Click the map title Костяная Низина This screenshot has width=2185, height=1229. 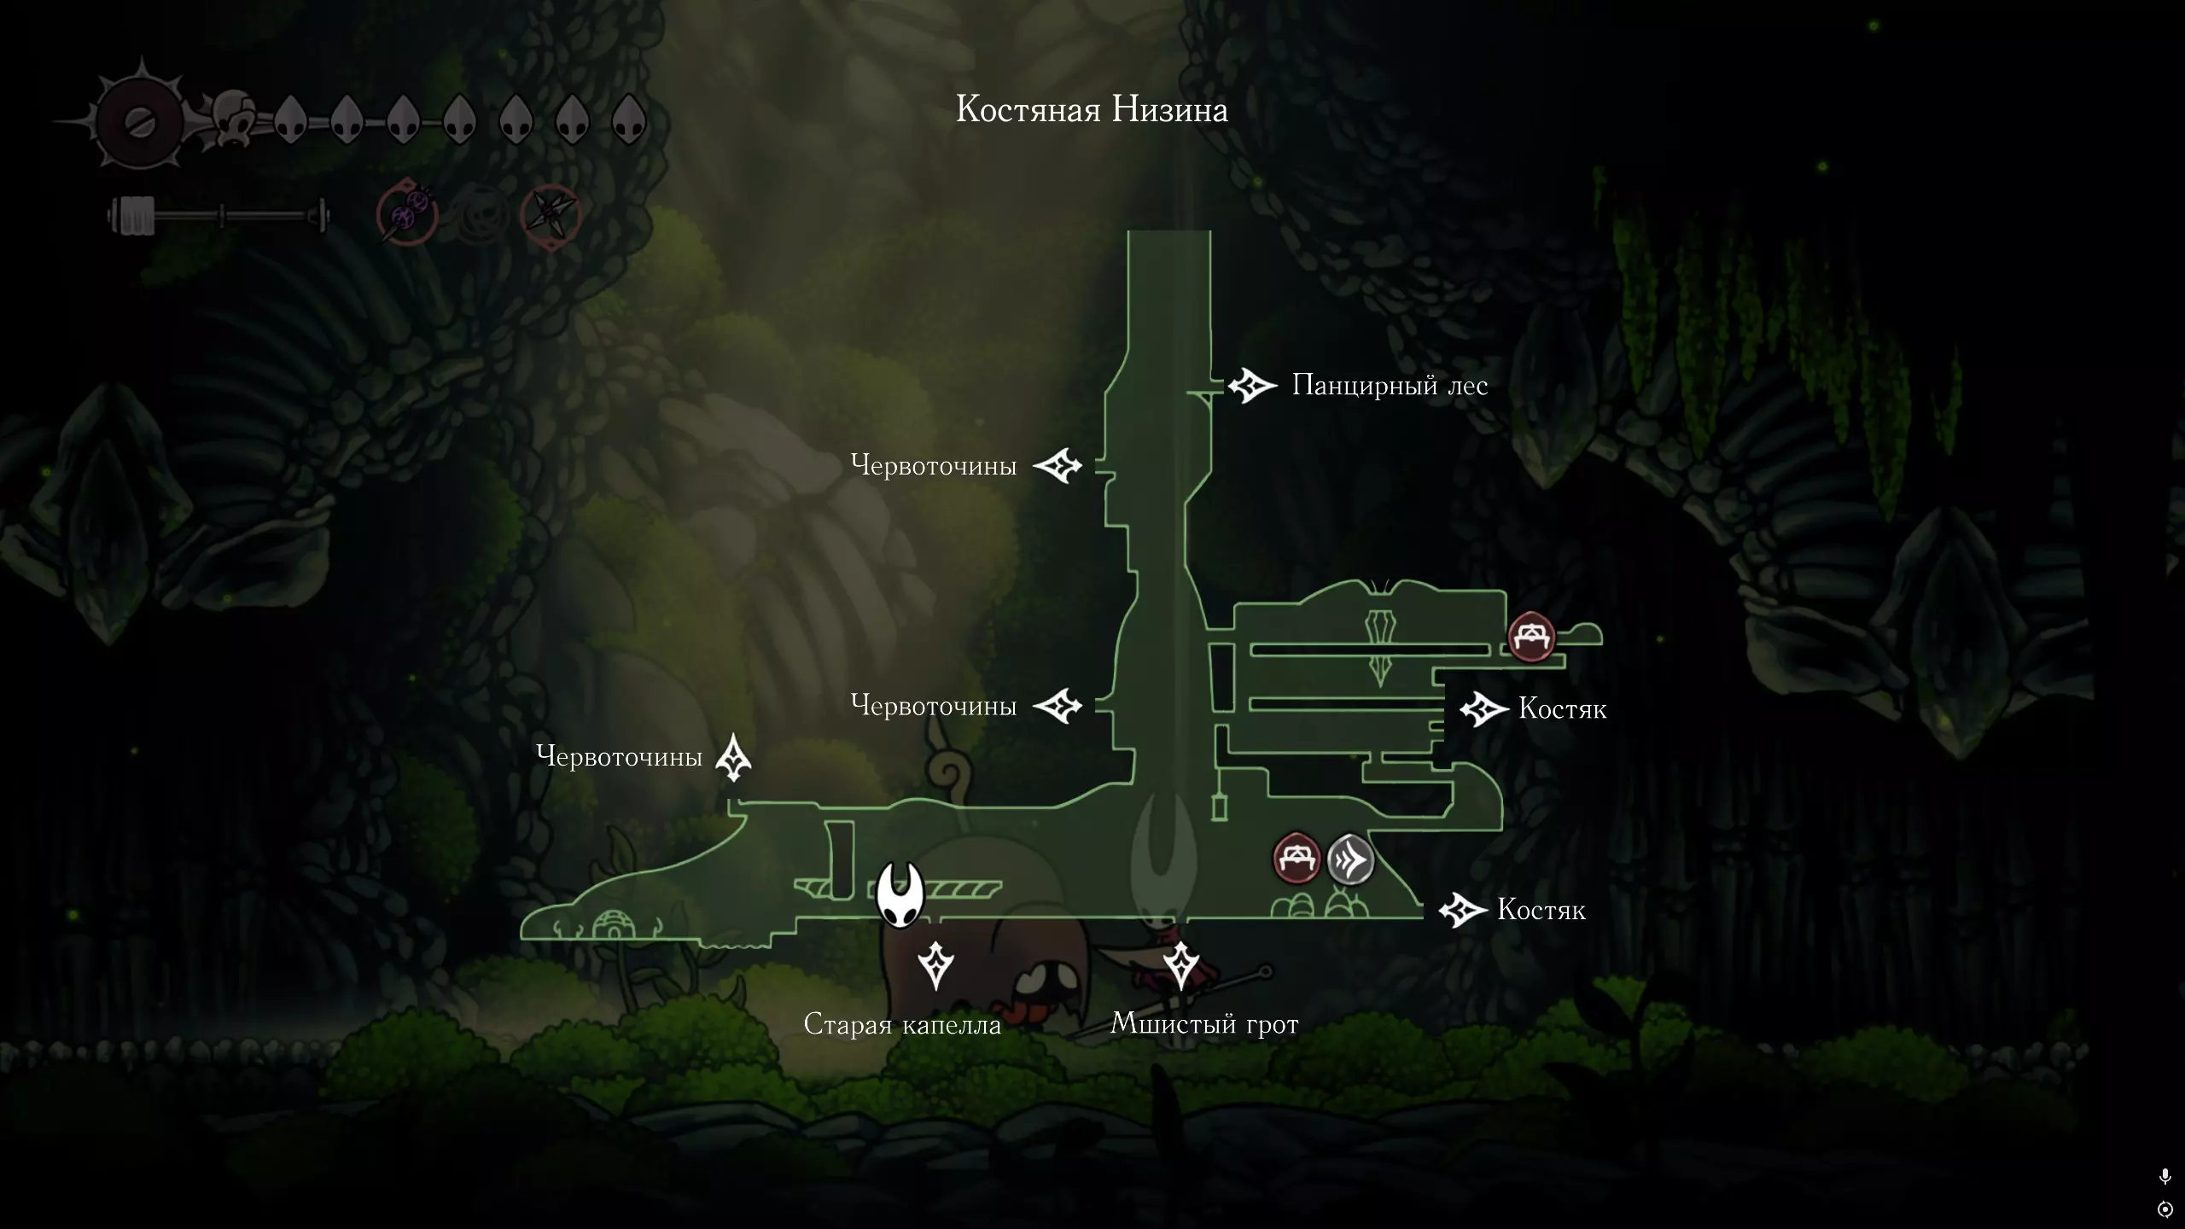[x=1092, y=110]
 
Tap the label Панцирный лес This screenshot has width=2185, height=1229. [x=1390, y=386]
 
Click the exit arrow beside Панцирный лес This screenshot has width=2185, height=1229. [x=1252, y=387]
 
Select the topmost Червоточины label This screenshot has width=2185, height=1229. [x=934, y=465]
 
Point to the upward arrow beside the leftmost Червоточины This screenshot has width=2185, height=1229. [x=733, y=758]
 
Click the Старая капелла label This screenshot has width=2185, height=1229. [x=902, y=1024]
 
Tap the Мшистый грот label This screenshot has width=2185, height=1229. [x=1204, y=1023]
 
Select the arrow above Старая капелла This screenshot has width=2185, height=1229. [x=935, y=966]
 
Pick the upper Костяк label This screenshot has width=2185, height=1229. [x=1563, y=709]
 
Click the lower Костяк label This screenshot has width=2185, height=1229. [x=1541, y=910]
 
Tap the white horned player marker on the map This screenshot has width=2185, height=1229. [x=900, y=894]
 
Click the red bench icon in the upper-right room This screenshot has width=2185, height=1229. [x=1531, y=637]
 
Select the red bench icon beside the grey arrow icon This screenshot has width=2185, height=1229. [x=1296, y=859]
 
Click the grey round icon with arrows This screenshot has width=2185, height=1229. [x=1351, y=859]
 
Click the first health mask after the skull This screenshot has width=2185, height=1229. [x=290, y=119]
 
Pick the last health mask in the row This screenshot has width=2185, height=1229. [x=629, y=119]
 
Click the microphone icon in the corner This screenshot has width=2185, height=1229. [x=2165, y=1177]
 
